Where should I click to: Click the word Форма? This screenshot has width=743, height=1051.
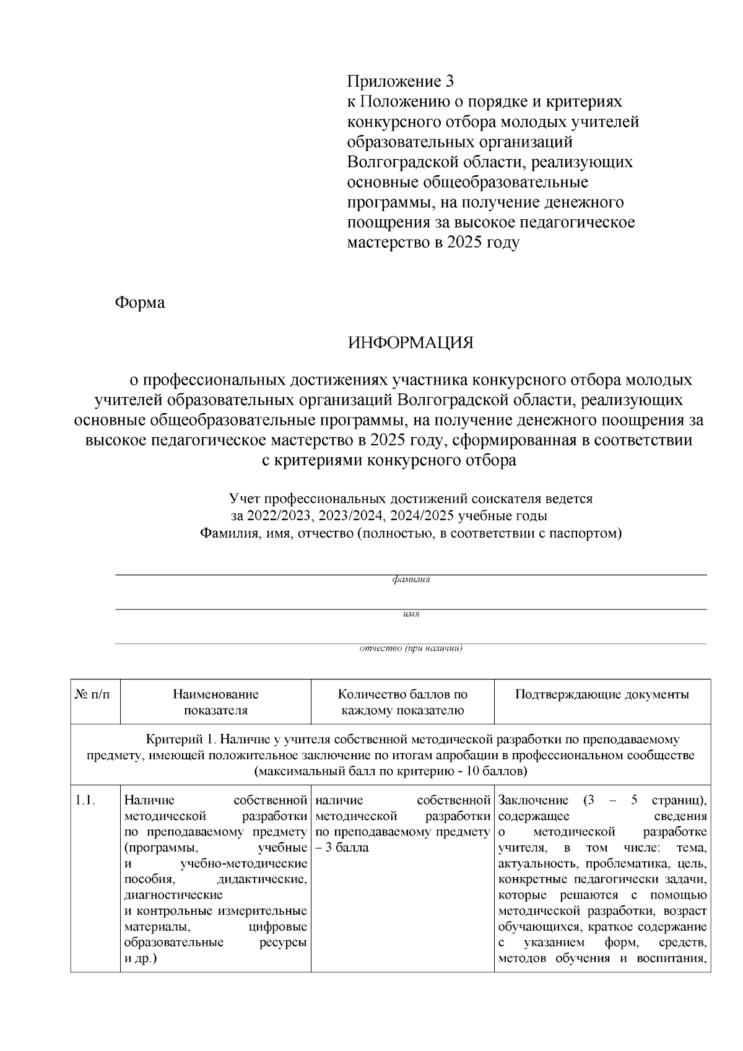[x=140, y=303]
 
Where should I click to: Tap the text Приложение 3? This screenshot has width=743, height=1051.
[x=400, y=81]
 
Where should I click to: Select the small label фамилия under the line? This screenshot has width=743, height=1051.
[x=411, y=580]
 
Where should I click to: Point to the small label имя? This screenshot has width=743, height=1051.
[x=411, y=614]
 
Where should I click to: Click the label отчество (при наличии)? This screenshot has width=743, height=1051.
[x=411, y=648]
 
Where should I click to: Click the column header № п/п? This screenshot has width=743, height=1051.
[x=95, y=695]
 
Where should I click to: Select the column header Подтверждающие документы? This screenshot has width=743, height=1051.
[x=602, y=695]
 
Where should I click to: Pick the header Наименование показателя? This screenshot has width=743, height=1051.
[x=215, y=702]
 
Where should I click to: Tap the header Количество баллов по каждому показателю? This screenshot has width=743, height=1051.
[x=402, y=702]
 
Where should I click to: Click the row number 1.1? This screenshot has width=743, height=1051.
[x=84, y=800]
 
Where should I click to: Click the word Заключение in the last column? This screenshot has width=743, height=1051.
[x=533, y=800]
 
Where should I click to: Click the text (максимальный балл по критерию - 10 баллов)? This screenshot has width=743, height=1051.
[x=391, y=772]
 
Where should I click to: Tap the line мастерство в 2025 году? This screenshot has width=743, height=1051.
[x=433, y=243]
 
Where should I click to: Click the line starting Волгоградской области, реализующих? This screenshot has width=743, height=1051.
[x=490, y=162]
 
